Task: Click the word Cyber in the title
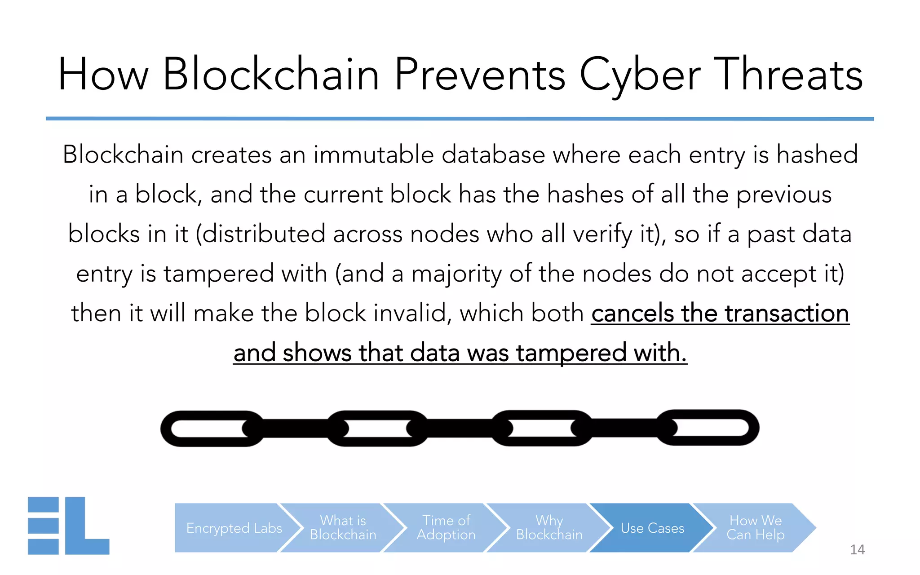640,75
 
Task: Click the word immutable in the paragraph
373,155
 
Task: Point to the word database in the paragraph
493,155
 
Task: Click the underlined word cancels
632,313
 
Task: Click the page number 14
857,549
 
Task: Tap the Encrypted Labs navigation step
234,528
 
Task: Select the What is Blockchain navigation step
343,528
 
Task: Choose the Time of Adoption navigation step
446,528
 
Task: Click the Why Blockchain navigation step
549,528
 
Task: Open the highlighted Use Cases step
652,528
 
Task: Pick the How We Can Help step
755,528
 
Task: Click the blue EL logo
68,526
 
